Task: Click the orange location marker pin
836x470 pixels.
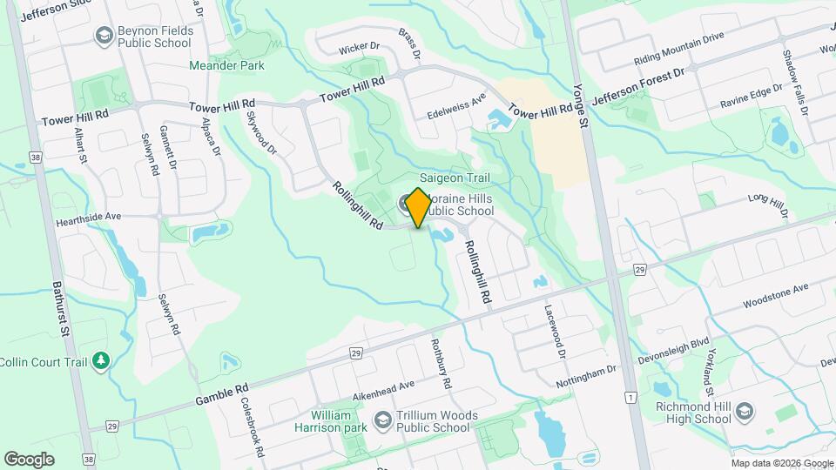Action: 418,207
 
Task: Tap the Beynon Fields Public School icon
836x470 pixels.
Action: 104,36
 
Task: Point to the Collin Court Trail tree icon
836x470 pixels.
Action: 101,361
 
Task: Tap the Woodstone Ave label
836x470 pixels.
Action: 775,295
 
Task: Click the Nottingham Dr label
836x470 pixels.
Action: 587,375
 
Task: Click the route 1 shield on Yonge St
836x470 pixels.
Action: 629,397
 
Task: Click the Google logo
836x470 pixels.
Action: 30,459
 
